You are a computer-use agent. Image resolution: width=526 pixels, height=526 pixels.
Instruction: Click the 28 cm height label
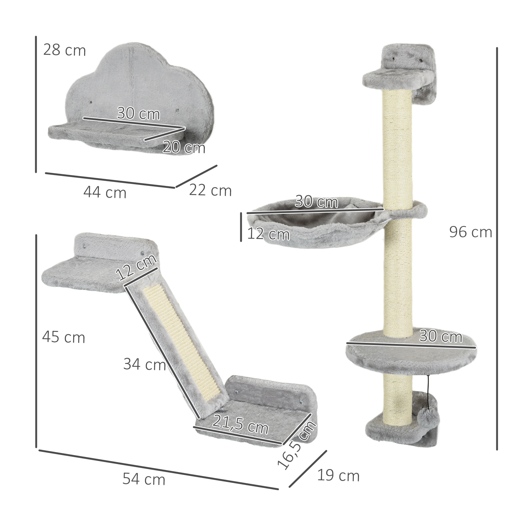(x=65, y=50)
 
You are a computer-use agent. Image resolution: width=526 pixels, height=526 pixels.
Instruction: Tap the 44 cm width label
(x=105, y=193)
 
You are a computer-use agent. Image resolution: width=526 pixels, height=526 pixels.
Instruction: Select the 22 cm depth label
(x=210, y=190)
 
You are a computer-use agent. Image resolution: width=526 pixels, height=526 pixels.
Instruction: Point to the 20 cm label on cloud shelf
(x=184, y=147)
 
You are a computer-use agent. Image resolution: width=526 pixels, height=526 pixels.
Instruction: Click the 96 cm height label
(x=471, y=232)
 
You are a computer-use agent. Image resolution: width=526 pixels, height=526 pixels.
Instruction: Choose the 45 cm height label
(x=64, y=338)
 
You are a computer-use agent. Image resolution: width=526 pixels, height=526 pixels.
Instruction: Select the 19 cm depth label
(x=338, y=476)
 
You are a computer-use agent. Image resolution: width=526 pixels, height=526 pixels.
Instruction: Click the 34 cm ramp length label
(x=145, y=364)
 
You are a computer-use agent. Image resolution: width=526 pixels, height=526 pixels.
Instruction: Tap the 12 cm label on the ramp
(x=136, y=268)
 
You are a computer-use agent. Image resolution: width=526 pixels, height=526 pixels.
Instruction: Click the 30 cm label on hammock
(x=316, y=202)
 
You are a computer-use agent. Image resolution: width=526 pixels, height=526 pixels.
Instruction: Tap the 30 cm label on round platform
(x=440, y=336)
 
